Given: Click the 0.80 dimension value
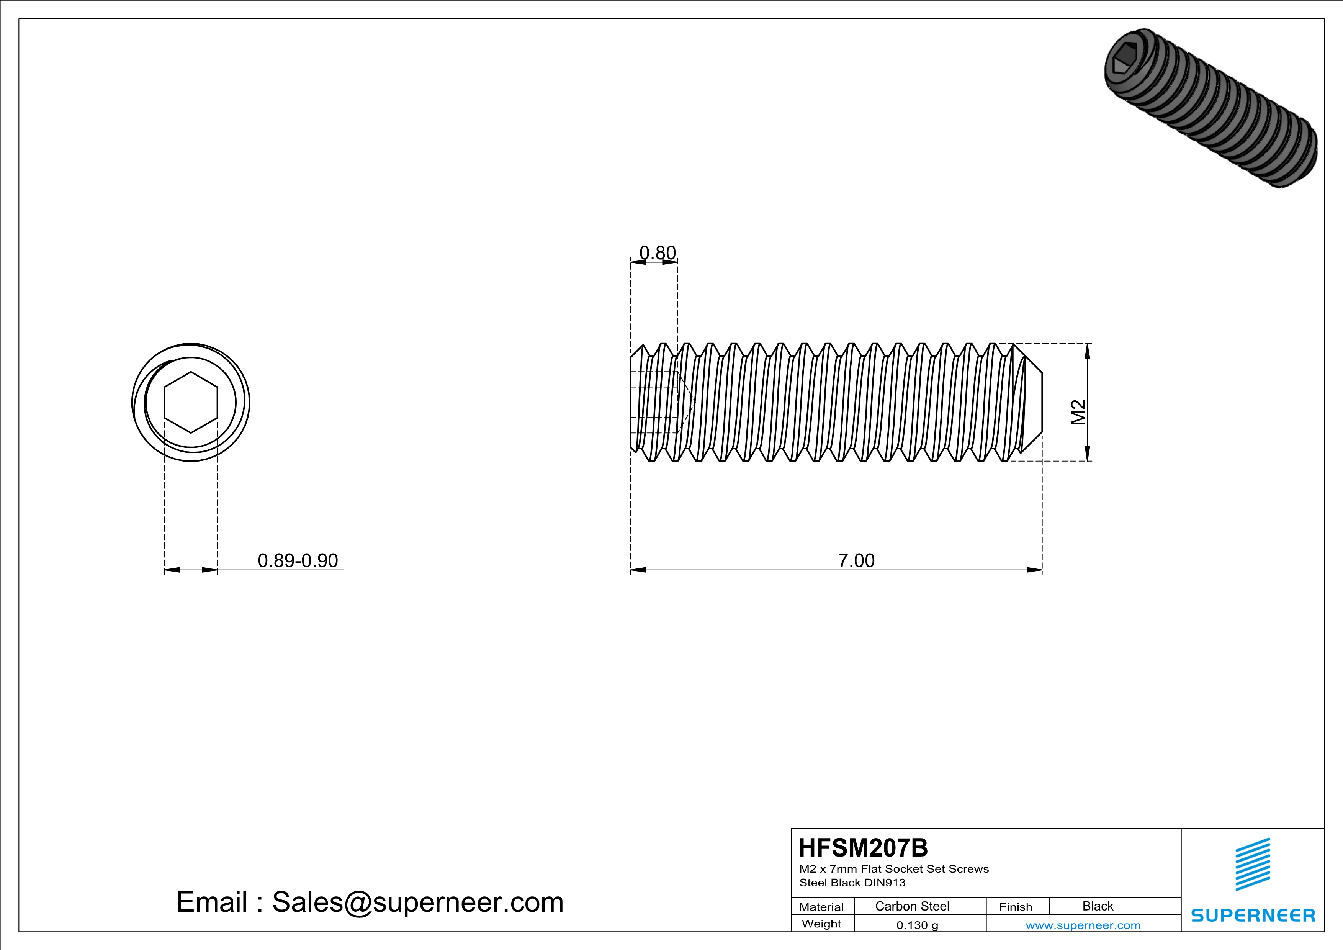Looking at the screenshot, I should point(658,253).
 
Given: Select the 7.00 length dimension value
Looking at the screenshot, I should point(856,560).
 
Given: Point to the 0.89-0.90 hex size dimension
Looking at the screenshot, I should point(298,560).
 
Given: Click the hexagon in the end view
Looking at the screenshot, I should point(191,403).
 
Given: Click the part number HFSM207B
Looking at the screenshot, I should point(863,848).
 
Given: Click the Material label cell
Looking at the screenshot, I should point(821,907).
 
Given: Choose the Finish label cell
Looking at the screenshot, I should point(1016,907).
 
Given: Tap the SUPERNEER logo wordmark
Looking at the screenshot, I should point(1253,916).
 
